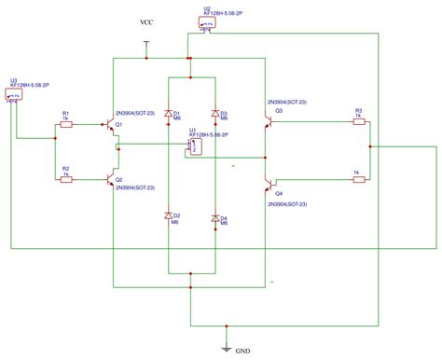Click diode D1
click(170, 113)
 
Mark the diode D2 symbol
click(170, 219)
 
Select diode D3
click(216, 113)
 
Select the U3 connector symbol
click(16, 95)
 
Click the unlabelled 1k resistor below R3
click(357, 181)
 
